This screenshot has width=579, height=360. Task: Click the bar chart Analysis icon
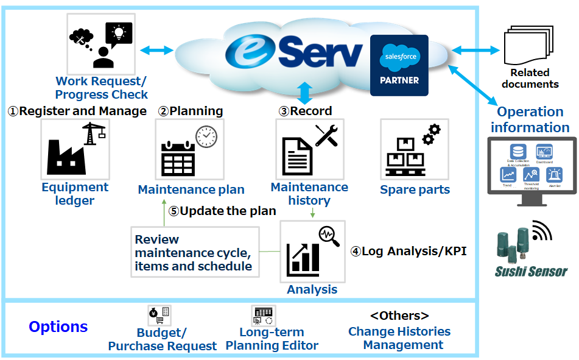(312, 252)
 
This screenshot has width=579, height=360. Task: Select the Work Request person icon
(101, 44)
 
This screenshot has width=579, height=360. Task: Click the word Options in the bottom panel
(58, 327)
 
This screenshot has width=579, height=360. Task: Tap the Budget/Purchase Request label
(162, 339)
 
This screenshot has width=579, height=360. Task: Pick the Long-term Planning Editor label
(272, 339)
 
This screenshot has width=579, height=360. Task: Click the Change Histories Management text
(400, 338)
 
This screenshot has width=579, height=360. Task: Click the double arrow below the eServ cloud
(304, 93)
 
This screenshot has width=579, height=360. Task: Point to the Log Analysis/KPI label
(408, 251)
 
